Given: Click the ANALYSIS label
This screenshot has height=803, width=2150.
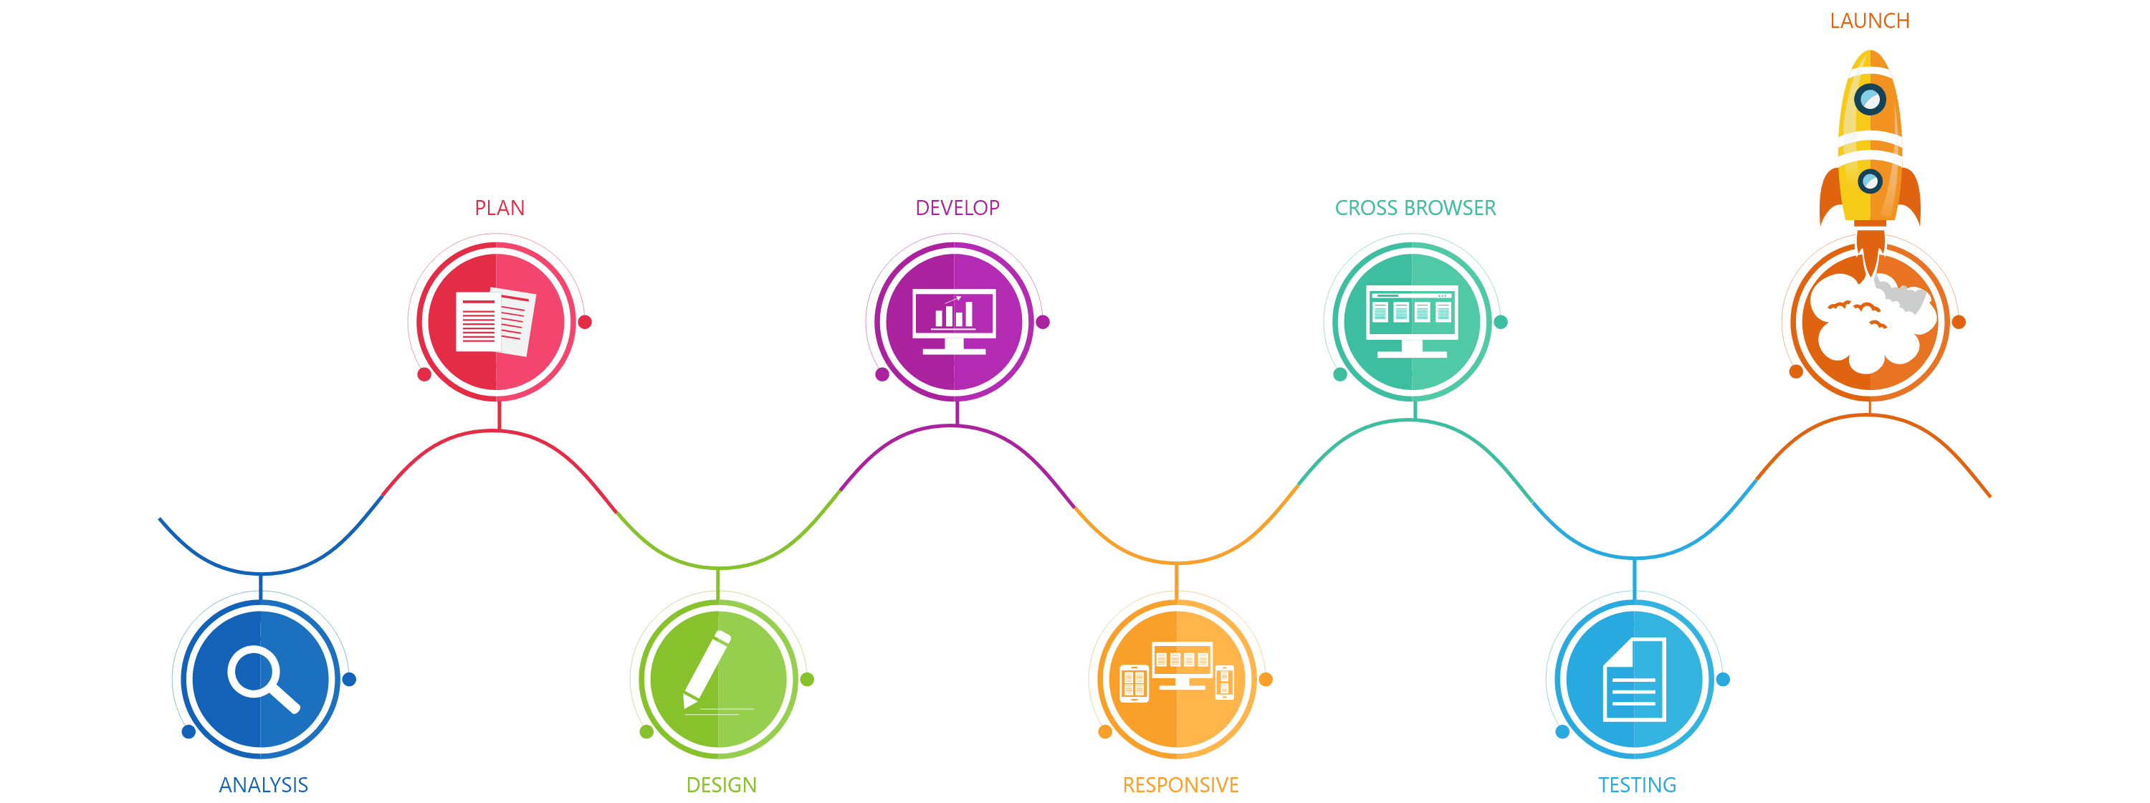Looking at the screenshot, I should click(x=263, y=784).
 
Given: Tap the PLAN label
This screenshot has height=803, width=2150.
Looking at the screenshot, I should click(x=499, y=208).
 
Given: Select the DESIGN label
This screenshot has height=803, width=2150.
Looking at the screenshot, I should click(x=721, y=784).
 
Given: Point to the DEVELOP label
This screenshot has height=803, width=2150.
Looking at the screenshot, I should click(x=957, y=208).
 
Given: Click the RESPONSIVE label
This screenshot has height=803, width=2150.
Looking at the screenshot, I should click(x=1180, y=784).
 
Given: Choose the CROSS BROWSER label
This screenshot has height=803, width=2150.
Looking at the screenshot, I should click(x=1415, y=208).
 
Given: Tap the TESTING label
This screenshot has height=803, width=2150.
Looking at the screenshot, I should click(x=1637, y=784).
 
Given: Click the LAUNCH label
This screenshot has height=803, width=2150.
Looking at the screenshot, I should click(x=1870, y=21).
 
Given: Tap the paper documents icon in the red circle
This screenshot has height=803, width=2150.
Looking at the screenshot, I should click(x=496, y=321).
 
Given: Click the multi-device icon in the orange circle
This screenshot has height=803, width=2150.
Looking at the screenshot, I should click(x=1177, y=672).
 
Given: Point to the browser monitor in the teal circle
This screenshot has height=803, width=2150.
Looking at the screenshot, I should click(x=1412, y=320).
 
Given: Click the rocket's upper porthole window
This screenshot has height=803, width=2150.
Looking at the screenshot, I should click(x=1870, y=100).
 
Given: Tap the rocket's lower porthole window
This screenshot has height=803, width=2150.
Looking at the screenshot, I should click(x=1870, y=180).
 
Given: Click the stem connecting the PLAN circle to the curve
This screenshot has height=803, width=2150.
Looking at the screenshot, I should click(x=498, y=416).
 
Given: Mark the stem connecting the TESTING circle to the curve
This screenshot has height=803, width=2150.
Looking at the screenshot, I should click(x=1634, y=579).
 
